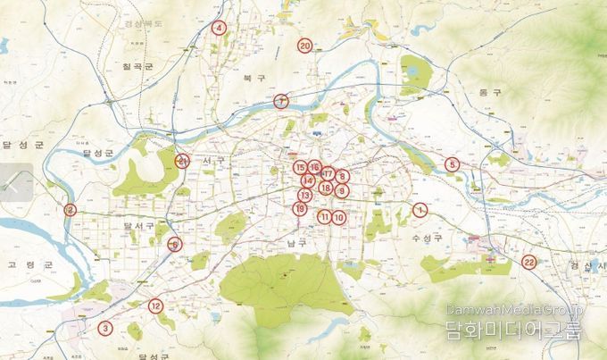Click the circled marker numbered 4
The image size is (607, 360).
coord(219,28)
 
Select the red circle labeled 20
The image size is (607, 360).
coord(304,46)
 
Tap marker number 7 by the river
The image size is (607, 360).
coord(281,101)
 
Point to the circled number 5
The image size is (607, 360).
coord(453,163)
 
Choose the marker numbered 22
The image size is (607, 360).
coord(529,262)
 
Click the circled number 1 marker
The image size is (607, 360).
coord(420,211)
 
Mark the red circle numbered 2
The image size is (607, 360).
coord(70,211)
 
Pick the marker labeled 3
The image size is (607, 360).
coord(105,328)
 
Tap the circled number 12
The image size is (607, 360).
coord(155,306)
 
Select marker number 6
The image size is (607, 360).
coord(175,244)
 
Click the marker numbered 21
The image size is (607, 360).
coord(182,162)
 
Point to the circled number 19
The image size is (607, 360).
coord(301,209)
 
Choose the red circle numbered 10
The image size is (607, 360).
coord(339,217)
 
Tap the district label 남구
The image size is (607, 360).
coord(297,241)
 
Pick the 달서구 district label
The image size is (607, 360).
coord(139,227)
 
